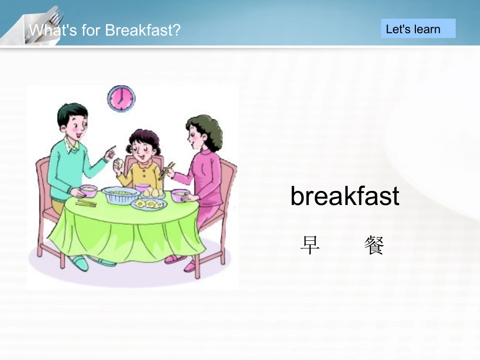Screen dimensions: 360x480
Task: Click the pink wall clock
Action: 121,98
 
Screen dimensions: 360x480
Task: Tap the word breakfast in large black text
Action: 345,196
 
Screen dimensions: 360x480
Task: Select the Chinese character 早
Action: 310,245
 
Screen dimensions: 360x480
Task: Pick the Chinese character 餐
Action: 374,245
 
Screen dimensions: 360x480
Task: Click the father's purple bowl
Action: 88,191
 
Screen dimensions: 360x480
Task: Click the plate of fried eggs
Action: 148,203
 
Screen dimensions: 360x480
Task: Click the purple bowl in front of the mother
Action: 180,195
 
